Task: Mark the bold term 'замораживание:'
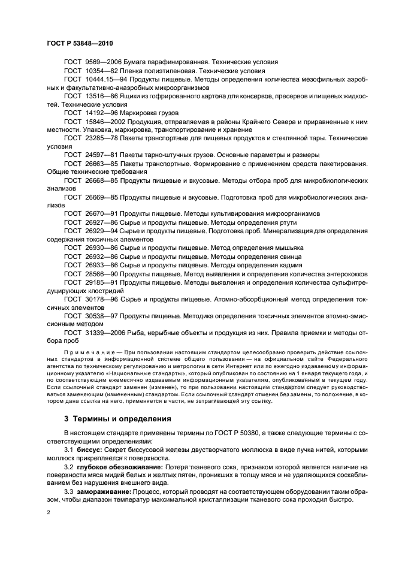pyautogui.click(x=105, y=492)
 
